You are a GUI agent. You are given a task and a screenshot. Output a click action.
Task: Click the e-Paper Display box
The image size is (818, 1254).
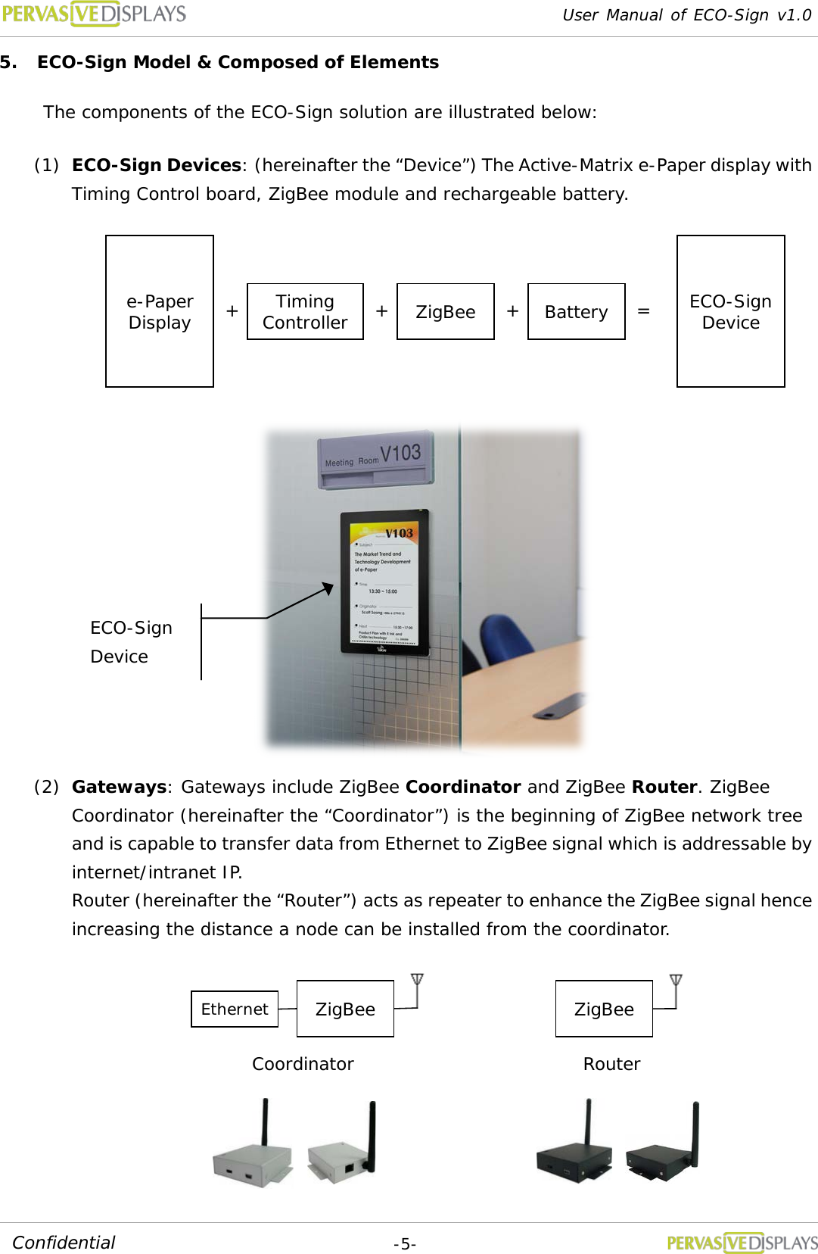(160, 311)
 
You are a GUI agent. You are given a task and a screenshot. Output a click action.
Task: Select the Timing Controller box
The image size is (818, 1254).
(305, 311)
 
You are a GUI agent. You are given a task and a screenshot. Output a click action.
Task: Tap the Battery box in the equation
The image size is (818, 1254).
(576, 311)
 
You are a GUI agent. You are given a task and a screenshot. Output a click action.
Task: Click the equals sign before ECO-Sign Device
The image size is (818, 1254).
(643, 311)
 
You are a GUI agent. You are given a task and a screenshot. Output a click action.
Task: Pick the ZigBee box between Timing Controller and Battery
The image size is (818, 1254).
(445, 311)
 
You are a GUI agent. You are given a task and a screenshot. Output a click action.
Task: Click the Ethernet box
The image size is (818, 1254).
(235, 1009)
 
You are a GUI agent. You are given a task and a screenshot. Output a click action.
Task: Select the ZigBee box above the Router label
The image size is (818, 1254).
(604, 1009)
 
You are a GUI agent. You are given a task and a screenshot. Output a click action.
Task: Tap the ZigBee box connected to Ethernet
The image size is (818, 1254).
(345, 1009)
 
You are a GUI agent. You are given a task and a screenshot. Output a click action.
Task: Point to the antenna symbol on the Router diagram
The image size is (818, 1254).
(676, 981)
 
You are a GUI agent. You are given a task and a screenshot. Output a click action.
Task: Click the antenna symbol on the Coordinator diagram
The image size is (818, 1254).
(417, 981)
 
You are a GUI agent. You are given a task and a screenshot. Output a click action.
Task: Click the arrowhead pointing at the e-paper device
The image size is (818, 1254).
(328, 588)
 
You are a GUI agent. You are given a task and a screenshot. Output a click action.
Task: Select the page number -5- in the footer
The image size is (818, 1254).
(405, 1243)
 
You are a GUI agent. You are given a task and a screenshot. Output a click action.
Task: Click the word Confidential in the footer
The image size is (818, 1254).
(64, 1243)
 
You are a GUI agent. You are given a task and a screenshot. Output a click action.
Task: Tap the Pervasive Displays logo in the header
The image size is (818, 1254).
(94, 14)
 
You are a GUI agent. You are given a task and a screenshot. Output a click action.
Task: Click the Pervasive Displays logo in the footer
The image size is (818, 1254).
(742, 1243)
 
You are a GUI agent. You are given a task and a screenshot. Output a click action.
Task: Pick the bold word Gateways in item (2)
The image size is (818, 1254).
(119, 787)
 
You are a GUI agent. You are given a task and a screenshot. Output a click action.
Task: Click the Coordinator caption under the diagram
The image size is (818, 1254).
(303, 1064)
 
